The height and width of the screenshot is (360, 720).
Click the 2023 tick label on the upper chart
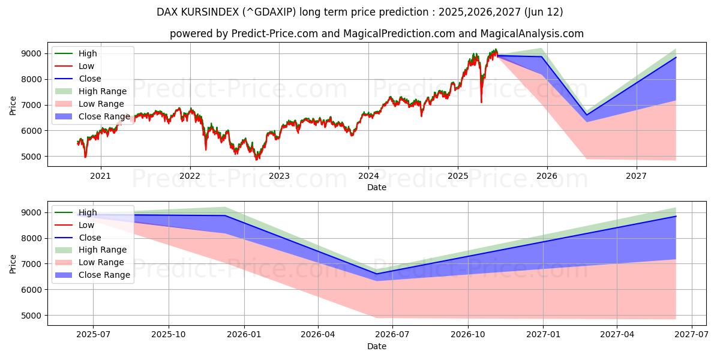coord(279,176)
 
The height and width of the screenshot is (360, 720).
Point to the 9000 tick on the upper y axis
coord(34,53)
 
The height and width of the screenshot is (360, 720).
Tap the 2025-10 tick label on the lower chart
coord(169,335)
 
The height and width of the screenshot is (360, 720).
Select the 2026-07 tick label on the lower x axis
coord(392,335)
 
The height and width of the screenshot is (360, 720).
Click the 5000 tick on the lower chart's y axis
coord(34,315)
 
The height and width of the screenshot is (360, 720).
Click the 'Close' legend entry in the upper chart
coord(89,79)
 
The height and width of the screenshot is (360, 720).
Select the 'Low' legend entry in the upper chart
coord(86,66)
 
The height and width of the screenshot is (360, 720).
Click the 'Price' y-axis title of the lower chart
coord(13,263)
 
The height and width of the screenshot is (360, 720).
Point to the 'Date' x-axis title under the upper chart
coord(377,187)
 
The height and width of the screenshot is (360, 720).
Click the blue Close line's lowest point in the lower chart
coord(377,274)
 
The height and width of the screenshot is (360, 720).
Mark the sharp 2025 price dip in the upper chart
coord(481,101)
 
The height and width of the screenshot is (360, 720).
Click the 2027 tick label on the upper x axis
coord(636,176)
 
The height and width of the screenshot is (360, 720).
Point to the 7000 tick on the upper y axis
coord(34,105)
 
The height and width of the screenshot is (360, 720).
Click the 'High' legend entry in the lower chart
coord(88,212)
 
